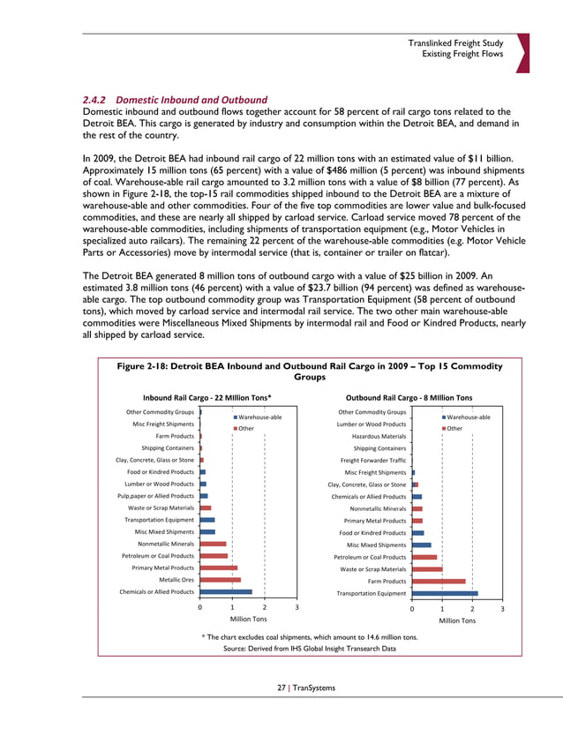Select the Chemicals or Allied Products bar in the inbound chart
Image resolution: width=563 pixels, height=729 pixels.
226,592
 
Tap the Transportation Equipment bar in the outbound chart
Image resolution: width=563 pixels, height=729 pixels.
445,593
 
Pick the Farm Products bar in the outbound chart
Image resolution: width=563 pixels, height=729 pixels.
439,581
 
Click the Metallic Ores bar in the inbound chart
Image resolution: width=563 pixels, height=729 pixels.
220,580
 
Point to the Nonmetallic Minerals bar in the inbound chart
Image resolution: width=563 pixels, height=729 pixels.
213,545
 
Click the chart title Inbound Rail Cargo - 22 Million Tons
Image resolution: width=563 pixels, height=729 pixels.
214,397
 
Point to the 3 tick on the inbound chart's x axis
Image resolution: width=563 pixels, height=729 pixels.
297,608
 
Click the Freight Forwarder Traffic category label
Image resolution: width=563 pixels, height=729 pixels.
372,460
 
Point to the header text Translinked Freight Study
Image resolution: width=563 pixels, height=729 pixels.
455,43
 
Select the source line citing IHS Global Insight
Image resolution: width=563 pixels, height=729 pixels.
309,649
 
